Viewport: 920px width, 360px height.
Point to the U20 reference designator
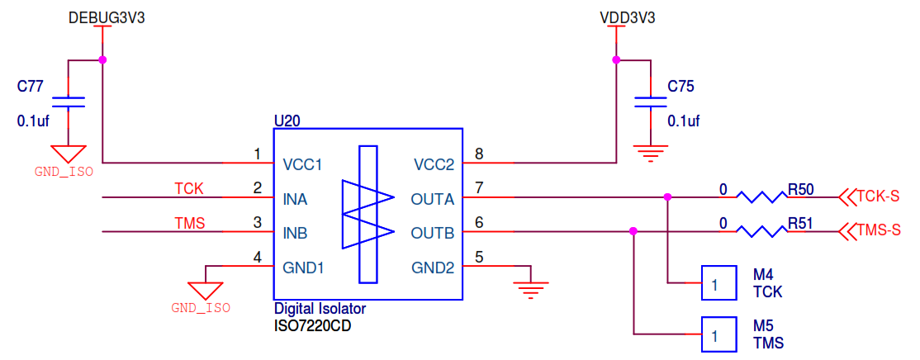tap(287, 121)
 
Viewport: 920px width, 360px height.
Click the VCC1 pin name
tap(302, 164)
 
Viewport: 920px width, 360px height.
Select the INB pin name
tap(295, 234)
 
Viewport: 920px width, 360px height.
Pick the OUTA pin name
tap(433, 199)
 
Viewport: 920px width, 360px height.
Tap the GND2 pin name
tap(434, 268)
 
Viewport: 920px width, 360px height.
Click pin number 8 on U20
tap(478, 154)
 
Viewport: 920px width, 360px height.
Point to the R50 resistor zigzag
tap(761, 197)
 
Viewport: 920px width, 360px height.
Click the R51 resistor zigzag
tap(761, 232)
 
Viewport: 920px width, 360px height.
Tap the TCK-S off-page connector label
tap(877, 197)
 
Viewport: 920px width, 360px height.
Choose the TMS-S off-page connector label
tap(878, 230)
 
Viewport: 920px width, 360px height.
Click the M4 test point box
tap(718, 282)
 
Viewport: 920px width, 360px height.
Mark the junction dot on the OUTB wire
tap(633, 232)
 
